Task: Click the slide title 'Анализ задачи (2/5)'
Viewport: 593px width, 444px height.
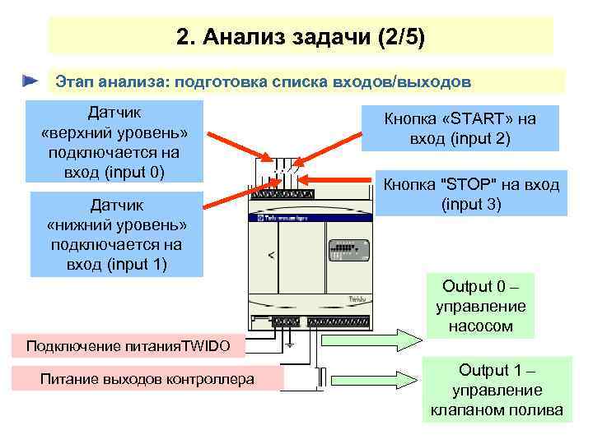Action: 301,37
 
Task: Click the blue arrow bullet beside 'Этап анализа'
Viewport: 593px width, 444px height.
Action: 30,81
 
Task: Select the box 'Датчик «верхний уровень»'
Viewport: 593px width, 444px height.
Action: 114,141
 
